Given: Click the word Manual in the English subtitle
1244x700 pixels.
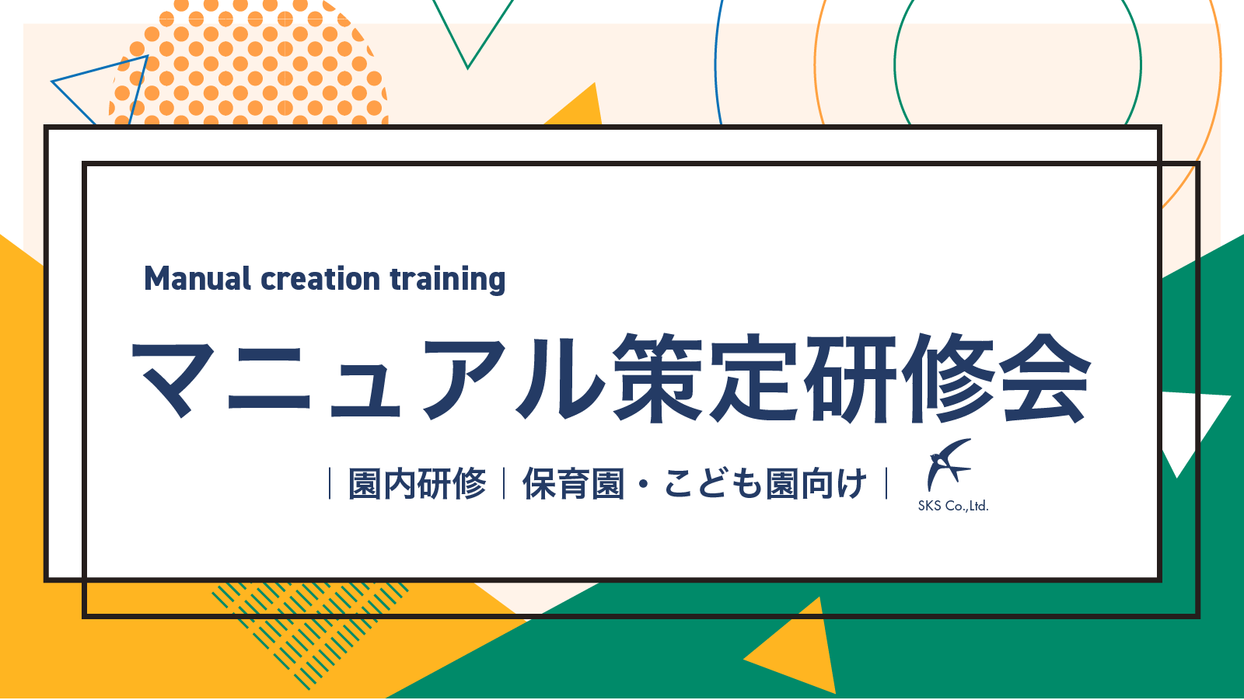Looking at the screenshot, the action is click(197, 279).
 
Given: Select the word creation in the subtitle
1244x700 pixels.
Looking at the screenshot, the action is click(320, 279).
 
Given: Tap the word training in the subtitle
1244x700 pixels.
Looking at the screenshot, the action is click(448, 280).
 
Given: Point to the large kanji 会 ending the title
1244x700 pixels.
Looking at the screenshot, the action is click(1044, 378).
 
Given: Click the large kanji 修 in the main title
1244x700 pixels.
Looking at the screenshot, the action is click(949, 378).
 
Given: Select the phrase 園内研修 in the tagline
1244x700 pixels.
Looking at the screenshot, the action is click(417, 484).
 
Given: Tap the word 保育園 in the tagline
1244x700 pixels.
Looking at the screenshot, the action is click(573, 484).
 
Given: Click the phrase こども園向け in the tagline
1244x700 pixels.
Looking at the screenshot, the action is click(765, 484).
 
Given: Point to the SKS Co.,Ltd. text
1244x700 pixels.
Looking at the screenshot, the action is click(953, 506).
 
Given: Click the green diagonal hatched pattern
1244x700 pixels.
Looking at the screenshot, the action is click(310, 633).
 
